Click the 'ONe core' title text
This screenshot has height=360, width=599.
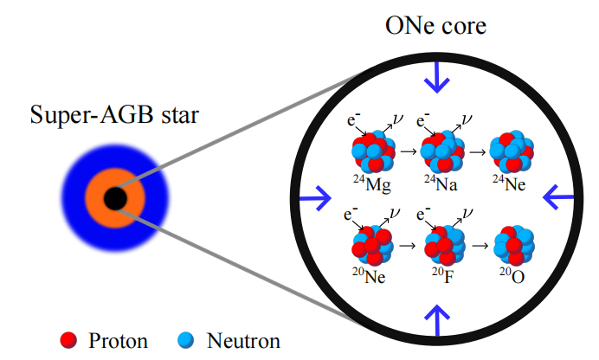click(x=435, y=27)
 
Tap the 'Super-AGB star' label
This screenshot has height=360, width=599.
click(x=113, y=114)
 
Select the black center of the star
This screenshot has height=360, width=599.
click(x=115, y=199)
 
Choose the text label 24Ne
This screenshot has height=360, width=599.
click(x=509, y=183)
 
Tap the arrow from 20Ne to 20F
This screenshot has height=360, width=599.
click(x=407, y=247)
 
